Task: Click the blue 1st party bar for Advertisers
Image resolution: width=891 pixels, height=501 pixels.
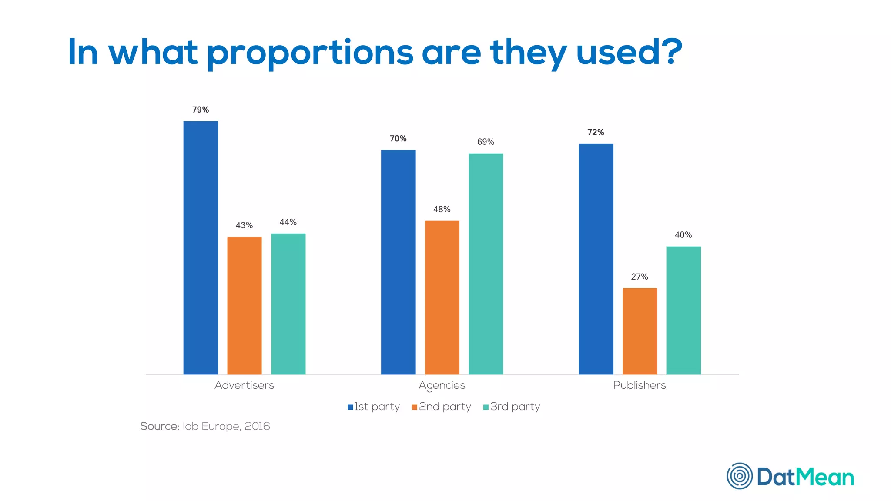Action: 201,248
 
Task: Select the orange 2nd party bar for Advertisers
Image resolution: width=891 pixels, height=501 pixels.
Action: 245,305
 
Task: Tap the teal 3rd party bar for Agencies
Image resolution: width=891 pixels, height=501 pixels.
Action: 486,264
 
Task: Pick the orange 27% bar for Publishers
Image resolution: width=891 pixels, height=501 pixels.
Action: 640,331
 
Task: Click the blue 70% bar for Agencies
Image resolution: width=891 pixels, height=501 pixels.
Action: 398,262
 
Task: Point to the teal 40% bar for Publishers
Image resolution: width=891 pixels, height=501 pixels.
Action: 683,310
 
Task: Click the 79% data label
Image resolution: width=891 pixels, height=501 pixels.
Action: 201,110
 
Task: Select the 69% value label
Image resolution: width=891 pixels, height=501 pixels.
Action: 486,142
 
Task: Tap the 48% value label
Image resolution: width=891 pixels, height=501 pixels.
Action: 442,209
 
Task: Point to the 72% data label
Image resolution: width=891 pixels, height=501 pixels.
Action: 596,132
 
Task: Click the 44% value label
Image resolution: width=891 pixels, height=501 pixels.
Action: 288,222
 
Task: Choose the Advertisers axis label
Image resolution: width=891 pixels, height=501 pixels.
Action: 244,385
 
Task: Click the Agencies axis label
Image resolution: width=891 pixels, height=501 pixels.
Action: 442,385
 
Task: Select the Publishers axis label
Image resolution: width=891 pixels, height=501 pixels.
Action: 639,385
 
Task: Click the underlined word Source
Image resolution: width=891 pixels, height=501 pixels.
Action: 159,426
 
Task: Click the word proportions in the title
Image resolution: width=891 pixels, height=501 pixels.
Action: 310,53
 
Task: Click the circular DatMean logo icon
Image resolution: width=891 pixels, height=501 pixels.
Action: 739,476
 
